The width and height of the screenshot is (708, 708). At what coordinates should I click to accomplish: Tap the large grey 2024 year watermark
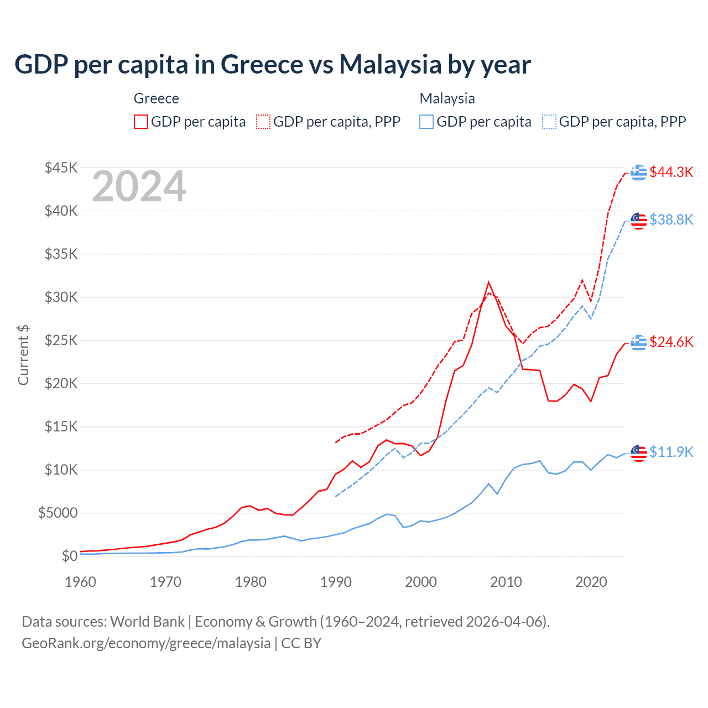tap(139, 186)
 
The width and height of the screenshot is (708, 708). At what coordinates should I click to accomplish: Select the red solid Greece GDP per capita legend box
tap(141, 122)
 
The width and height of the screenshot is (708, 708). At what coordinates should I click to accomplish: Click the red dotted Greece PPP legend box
tap(263, 122)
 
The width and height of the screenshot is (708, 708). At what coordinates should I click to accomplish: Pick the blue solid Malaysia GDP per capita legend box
tap(426, 122)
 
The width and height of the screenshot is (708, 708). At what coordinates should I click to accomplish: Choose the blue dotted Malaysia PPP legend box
tap(549, 122)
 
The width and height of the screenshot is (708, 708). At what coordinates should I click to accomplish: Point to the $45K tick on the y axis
tap(61, 168)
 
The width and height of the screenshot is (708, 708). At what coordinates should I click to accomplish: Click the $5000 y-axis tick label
tap(58, 513)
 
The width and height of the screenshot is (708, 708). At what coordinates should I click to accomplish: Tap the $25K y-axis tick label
tap(61, 340)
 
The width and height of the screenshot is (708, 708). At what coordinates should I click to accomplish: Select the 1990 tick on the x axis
tap(336, 582)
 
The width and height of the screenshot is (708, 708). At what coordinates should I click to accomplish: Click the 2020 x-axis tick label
tap(591, 582)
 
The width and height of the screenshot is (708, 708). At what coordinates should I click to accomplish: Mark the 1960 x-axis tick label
tap(81, 582)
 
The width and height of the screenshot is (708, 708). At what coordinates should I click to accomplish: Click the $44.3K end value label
tap(671, 172)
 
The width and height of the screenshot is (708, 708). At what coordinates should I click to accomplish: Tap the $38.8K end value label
tap(671, 220)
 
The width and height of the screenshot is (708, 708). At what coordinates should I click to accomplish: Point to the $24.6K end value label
tap(671, 342)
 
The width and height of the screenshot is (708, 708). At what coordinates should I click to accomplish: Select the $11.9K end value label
tap(671, 452)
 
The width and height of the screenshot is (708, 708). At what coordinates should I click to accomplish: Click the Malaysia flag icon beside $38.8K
tap(639, 220)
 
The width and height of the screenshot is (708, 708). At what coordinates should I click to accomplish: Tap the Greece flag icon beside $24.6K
tap(639, 342)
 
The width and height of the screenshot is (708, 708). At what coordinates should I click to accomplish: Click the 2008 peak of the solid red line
tap(488, 283)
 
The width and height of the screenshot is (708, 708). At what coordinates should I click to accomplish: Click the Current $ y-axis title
tap(23, 355)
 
